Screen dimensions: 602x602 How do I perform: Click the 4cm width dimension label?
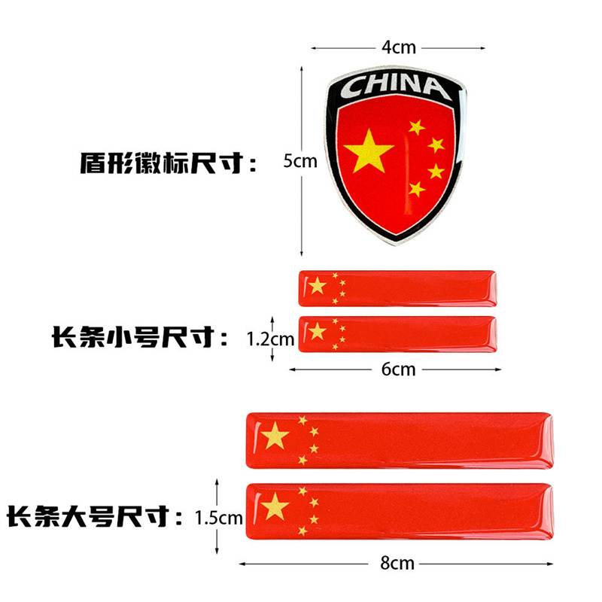click(x=399, y=47)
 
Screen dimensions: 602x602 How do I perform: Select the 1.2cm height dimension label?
click(x=271, y=339)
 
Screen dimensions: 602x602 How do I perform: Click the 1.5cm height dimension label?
click(x=218, y=518)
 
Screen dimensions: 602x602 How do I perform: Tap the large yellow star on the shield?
click(x=370, y=148)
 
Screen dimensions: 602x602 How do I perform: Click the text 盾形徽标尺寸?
click(x=168, y=163)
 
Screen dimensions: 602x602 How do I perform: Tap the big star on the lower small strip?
click(x=318, y=331)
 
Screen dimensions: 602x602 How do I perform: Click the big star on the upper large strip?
click(x=276, y=436)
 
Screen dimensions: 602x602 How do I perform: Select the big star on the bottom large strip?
click(x=276, y=506)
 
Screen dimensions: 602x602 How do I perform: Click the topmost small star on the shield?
click(x=416, y=127)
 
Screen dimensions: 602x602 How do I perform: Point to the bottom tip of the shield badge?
click(x=394, y=242)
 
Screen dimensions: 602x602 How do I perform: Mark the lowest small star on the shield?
click(x=416, y=189)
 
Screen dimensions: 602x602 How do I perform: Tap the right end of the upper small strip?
click(x=493, y=287)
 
